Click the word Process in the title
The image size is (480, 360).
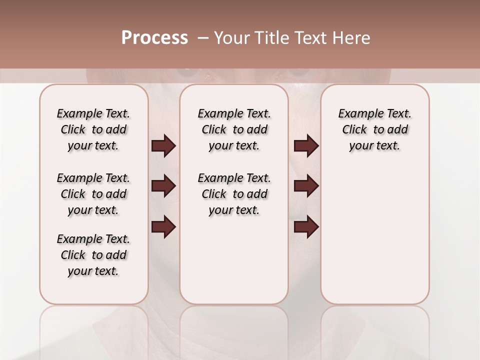154,38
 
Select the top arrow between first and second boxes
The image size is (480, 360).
163,146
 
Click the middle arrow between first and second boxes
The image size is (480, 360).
163,186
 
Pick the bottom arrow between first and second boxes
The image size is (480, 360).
163,227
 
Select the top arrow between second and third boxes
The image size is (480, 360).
306,146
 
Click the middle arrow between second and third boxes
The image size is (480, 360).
306,186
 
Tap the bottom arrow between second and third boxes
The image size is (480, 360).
306,227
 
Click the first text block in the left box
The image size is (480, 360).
93,129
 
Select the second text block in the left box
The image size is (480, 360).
93,194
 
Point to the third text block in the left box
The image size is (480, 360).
93,255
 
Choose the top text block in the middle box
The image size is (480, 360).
234,129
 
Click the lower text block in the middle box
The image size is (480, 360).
234,194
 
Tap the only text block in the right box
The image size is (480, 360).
375,129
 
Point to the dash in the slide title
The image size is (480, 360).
203,38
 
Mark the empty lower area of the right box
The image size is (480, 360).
375,235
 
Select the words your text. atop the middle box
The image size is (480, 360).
234,146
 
